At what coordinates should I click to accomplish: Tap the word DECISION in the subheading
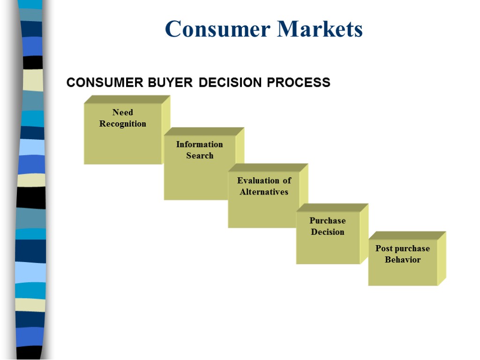[230, 83]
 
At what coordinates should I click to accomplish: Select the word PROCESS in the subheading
[299, 83]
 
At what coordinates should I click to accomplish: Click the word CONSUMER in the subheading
[105, 83]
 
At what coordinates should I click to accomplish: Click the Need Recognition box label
[123, 118]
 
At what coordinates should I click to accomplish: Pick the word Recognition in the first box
[123, 124]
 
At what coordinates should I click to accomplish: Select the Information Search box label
[200, 150]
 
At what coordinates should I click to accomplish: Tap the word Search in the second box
[200, 156]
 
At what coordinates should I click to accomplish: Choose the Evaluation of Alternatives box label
[264, 186]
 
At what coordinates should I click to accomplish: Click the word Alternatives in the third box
[264, 192]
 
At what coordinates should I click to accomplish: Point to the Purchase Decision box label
[328, 226]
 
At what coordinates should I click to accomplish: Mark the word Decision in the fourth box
[328, 232]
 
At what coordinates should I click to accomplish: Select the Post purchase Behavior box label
[403, 254]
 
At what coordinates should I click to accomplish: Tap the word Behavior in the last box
[403, 260]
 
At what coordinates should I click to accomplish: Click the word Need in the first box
[123, 112]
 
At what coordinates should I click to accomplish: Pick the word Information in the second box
[200, 144]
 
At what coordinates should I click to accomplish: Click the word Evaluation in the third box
[257, 180]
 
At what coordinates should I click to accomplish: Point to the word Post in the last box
[384, 248]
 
